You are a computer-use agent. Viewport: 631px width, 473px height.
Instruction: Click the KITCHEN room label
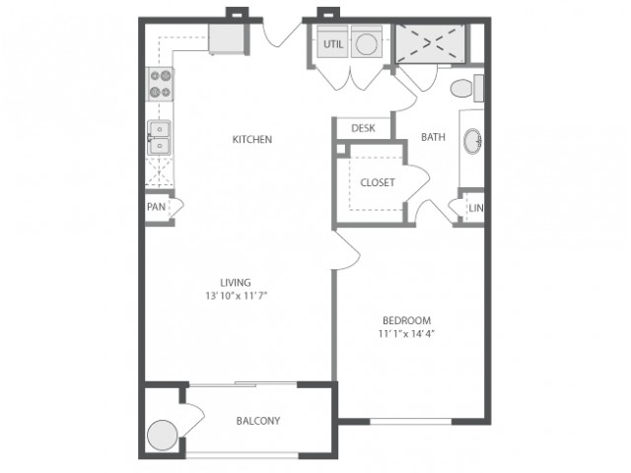pos(252,139)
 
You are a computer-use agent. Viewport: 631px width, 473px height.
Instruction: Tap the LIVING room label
pos(236,283)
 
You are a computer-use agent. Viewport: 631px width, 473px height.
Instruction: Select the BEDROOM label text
pos(407,320)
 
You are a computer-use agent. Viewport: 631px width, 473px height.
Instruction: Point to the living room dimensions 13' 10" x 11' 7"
pos(237,296)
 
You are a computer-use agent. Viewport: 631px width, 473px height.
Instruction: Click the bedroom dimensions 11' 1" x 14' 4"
pos(407,333)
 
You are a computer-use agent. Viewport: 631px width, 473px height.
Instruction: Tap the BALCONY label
pos(258,421)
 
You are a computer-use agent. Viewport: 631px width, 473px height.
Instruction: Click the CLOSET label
pos(378,182)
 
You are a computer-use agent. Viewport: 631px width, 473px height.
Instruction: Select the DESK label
pos(363,128)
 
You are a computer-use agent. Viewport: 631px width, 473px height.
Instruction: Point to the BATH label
pos(433,137)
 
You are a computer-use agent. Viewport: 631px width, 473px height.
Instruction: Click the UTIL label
pos(333,43)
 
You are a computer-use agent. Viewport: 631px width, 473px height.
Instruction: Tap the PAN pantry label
pos(156,207)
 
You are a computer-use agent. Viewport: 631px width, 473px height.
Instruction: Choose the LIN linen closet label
pos(476,208)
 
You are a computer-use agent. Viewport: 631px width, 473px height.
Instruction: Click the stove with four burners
pos(161,84)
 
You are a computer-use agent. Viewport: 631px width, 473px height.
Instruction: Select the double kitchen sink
pos(159,138)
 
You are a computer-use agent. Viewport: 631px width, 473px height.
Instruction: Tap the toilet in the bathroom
pos(466,88)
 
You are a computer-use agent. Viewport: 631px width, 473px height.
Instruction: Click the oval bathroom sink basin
pos(473,141)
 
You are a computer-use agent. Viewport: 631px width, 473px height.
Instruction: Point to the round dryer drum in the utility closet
pos(367,44)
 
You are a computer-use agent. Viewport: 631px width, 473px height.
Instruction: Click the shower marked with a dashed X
pos(430,43)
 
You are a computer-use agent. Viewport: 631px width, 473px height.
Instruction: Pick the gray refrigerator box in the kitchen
pos(226,39)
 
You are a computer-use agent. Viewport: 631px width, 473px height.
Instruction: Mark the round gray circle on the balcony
pos(162,436)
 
